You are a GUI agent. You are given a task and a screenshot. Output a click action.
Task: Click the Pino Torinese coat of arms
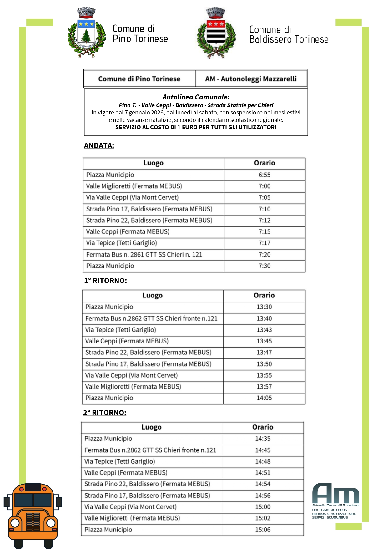[x=86, y=33]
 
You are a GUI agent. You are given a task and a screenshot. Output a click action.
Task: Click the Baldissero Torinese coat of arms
[x=216, y=33]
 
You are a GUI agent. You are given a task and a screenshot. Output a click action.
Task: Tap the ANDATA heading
[x=99, y=145]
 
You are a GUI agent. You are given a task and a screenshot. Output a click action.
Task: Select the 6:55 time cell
[x=265, y=175]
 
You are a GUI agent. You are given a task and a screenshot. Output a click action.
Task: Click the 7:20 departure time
[x=265, y=255]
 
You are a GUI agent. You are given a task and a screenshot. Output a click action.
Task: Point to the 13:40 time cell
[x=264, y=318]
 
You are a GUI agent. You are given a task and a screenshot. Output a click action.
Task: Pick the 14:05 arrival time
[x=264, y=398]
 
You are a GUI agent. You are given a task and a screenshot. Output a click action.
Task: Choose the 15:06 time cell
[x=263, y=530]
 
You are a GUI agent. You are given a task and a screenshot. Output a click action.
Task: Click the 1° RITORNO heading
[x=105, y=281]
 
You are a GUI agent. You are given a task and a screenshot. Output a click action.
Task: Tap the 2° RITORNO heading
[x=105, y=413]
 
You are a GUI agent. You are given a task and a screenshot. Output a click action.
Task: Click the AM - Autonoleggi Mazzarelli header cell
[x=251, y=79]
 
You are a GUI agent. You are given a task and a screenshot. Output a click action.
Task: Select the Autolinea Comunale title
[x=196, y=97]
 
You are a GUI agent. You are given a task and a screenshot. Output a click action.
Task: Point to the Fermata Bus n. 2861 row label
[x=144, y=255]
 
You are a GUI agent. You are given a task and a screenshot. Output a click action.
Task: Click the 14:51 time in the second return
[x=263, y=473]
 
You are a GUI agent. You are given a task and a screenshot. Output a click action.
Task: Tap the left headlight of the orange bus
[x=15, y=523]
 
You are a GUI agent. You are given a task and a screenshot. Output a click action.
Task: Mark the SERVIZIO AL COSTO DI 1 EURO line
[x=196, y=127]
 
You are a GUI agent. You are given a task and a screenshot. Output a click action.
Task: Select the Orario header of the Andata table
[x=265, y=163]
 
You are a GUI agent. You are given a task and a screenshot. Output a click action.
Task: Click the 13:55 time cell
[x=264, y=375]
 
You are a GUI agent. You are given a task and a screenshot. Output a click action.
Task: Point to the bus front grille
[x=33, y=522]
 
